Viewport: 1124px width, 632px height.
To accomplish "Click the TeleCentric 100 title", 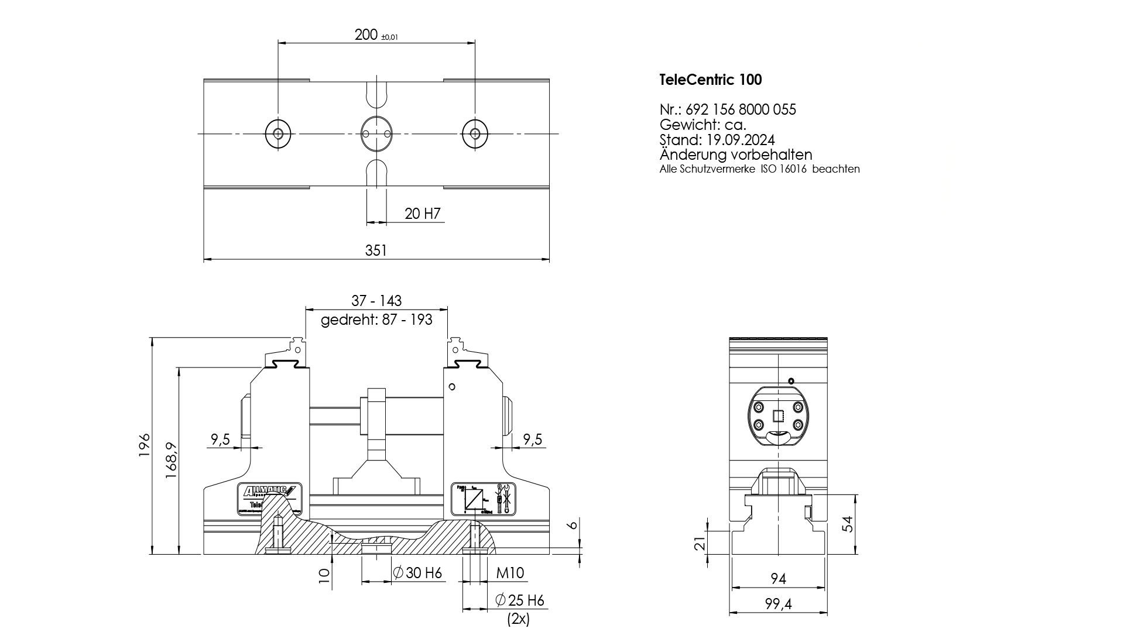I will click(710, 80).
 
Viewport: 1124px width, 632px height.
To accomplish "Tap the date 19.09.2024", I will click(740, 140).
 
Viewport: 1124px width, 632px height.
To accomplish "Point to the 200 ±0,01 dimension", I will click(376, 35).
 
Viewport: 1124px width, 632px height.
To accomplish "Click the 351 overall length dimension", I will click(376, 250).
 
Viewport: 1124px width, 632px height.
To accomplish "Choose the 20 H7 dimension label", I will click(422, 214).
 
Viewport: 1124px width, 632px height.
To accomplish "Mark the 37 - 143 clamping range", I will click(376, 301).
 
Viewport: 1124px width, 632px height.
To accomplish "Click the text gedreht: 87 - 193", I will click(376, 320).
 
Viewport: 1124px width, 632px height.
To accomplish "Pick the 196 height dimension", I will click(145, 445).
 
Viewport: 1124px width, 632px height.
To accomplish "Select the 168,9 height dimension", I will click(172, 461).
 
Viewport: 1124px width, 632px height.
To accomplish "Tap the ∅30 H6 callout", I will click(417, 573).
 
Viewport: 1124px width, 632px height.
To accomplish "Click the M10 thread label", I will click(510, 573).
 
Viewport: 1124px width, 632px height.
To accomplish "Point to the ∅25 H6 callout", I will click(519, 600).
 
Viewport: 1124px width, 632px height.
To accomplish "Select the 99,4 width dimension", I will click(778, 604).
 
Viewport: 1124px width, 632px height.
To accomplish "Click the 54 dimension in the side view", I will click(847, 524).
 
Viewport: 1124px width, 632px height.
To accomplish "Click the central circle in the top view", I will click(375, 133).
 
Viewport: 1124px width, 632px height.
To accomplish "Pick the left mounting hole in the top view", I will click(278, 133).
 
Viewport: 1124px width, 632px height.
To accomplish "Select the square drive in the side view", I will click(778, 416).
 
